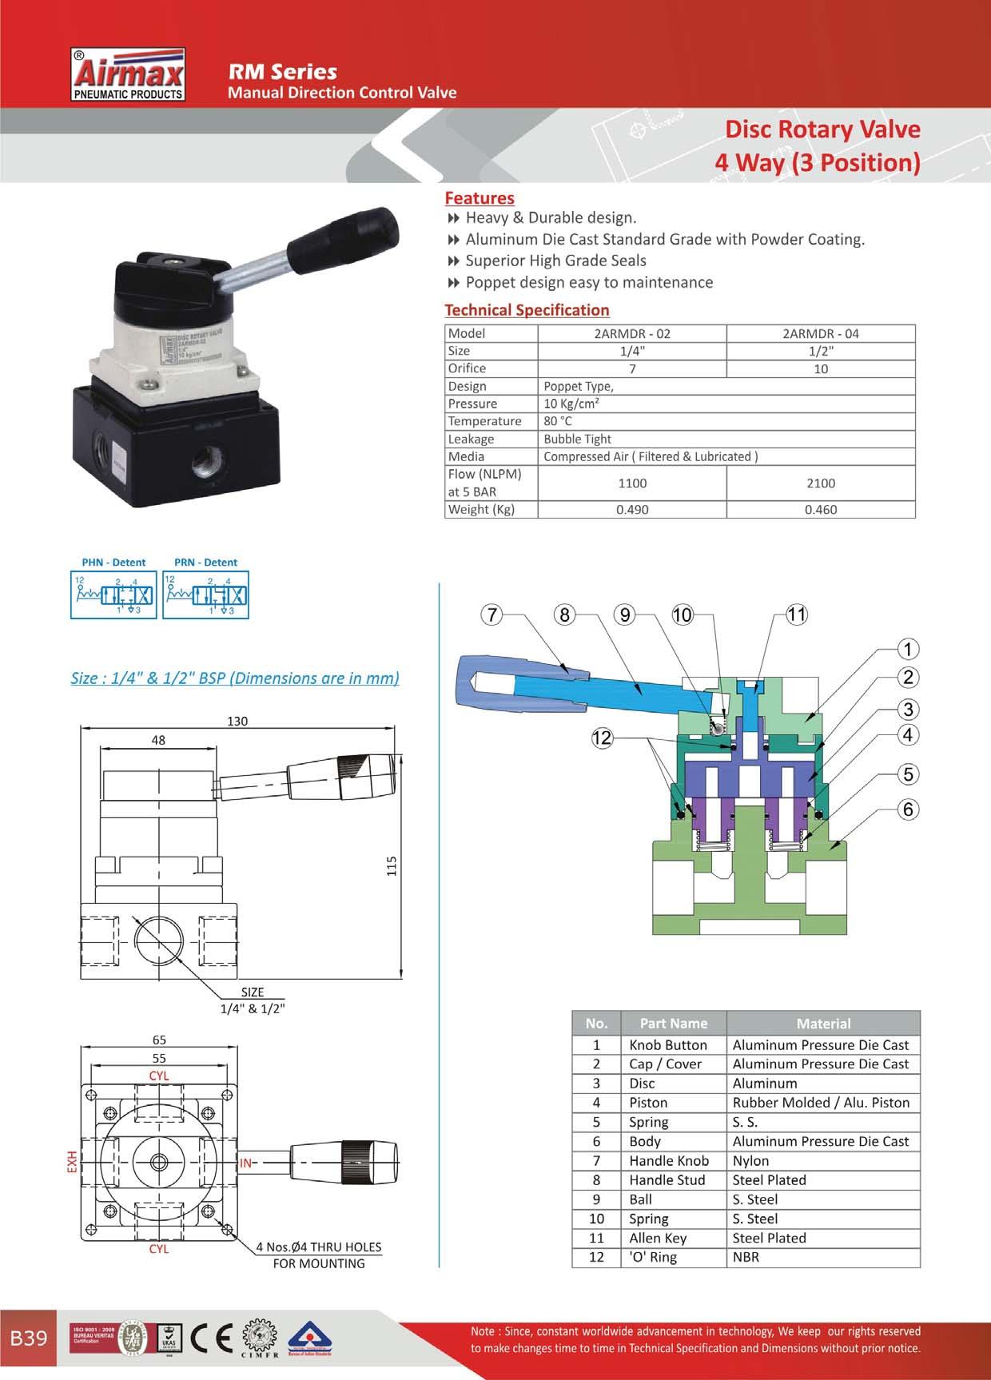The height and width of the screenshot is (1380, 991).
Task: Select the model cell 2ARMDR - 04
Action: [x=821, y=333]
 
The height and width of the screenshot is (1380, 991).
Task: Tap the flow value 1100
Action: [x=632, y=483]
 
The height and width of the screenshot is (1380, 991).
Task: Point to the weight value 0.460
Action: [x=821, y=510]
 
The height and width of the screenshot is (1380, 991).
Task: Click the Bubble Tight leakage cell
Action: [x=577, y=439]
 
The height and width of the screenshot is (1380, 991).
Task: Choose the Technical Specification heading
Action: [x=527, y=310]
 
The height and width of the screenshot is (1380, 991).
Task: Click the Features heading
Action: [x=480, y=198]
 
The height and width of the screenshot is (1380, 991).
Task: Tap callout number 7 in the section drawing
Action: [x=492, y=614]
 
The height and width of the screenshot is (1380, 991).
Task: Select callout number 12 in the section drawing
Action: [x=601, y=738]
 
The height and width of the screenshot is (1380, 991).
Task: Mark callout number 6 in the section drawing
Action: [x=908, y=809]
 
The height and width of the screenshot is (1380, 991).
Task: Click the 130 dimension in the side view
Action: [x=237, y=721]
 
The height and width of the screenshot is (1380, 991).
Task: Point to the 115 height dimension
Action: [x=392, y=866]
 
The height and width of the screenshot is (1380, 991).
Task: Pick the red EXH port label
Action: [x=71, y=1163]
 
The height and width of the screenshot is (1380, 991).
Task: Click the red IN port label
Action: [x=246, y=1163]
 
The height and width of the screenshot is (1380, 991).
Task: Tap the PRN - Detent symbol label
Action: [x=205, y=563]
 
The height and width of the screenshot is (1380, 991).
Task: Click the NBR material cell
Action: [x=746, y=1257]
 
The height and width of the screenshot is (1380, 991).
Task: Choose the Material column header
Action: [x=823, y=1024]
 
